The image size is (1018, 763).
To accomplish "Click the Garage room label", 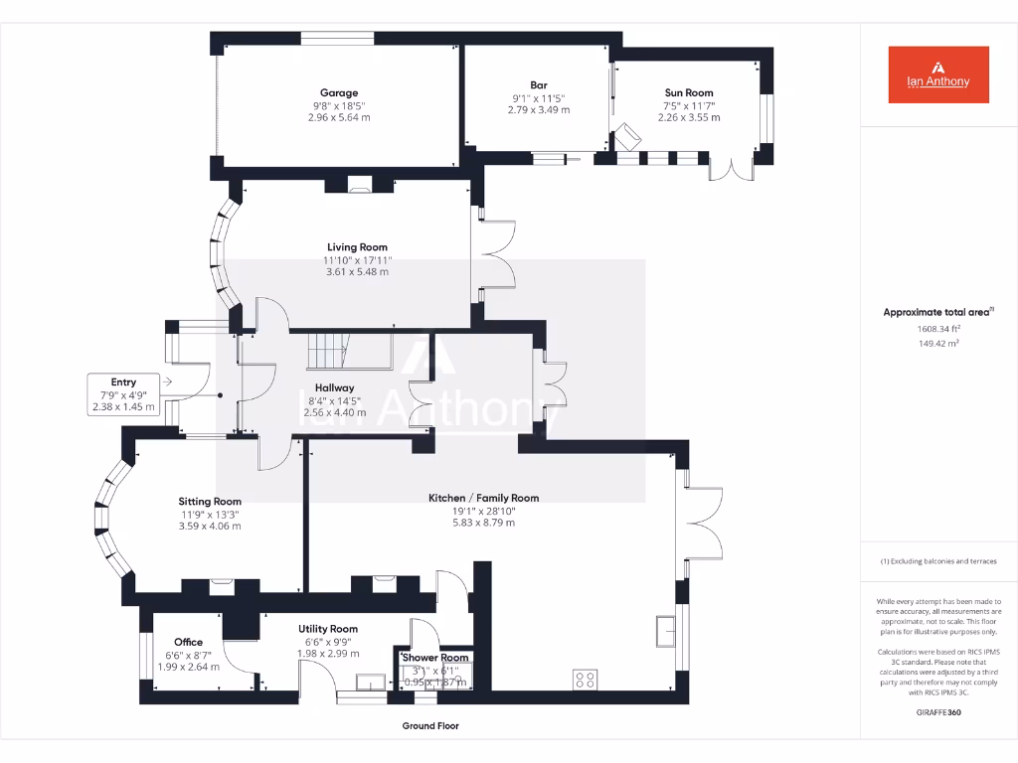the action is tap(339, 93).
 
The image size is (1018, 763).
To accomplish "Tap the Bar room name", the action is tap(538, 85).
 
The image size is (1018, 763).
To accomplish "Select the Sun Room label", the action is tap(689, 92).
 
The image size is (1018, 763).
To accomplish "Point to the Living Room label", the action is tap(357, 247).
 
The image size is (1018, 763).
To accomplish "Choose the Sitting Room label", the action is tap(210, 502).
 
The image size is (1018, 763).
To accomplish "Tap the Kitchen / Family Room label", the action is tap(483, 498).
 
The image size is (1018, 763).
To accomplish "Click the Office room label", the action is tap(188, 642).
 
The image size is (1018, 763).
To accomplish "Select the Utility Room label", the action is tap(328, 629).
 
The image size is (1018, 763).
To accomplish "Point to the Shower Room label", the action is tap(434, 658).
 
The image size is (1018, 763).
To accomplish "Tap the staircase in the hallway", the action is tap(327, 351).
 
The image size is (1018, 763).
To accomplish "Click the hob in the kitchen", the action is tap(586, 680).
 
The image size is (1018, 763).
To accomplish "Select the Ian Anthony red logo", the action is tap(938, 75).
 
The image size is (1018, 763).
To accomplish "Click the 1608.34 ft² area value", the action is tap(938, 329).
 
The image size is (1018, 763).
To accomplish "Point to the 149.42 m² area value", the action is tap(938, 344).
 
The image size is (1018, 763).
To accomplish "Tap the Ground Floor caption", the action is tap(430, 726).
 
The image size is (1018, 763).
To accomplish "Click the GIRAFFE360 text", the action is tap(938, 713).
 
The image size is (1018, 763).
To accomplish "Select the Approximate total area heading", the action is tap(936, 312).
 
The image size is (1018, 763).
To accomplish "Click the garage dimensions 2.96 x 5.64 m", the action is tap(339, 117).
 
